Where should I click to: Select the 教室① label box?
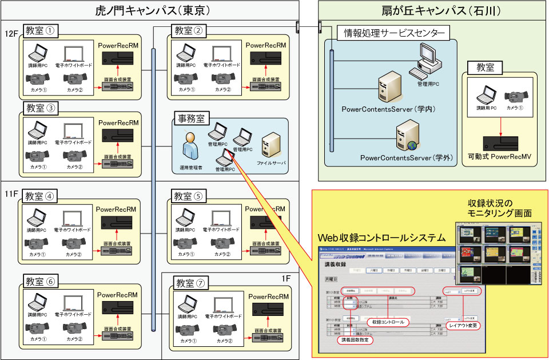pos(42,29)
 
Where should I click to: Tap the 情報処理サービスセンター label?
pos(394,33)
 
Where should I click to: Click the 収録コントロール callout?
pos(389,322)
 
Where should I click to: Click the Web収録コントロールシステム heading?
pos(382,237)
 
